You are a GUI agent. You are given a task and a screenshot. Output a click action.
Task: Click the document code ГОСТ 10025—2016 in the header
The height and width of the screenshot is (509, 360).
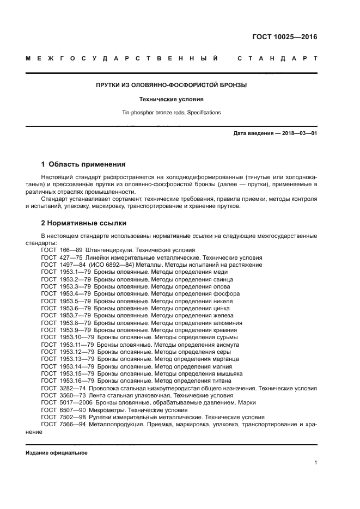point(284,38)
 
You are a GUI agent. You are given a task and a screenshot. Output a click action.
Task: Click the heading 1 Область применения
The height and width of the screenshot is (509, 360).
point(83,164)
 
